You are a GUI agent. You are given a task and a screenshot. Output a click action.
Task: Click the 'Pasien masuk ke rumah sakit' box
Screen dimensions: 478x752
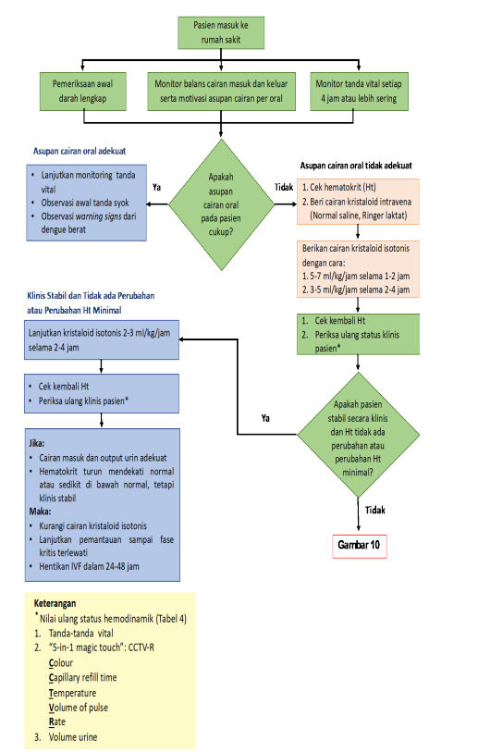[221, 32]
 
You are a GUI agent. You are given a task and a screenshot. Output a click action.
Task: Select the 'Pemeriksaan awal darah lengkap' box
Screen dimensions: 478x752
[82, 92]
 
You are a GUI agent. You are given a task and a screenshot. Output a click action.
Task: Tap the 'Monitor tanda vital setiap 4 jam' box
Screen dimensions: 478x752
[359, 92]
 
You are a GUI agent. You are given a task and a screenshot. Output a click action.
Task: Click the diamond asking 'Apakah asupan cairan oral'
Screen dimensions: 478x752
[221, 204]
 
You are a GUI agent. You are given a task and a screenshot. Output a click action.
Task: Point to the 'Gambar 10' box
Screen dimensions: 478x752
[359, 546]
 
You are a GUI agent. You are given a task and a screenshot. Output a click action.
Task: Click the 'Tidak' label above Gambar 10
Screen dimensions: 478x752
[375, 510]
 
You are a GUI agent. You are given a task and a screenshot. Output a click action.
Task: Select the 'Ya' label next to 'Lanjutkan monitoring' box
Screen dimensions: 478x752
[157, 187]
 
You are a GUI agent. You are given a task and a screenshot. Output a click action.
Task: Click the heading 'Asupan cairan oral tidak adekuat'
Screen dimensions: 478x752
[356, 166]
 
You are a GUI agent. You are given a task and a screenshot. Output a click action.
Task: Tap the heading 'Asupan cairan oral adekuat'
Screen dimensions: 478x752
[80, 151]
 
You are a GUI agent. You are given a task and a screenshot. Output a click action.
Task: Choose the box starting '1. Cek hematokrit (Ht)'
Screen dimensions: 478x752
[358, 202]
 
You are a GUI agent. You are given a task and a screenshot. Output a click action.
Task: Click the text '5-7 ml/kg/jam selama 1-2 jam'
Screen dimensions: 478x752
[360, 277]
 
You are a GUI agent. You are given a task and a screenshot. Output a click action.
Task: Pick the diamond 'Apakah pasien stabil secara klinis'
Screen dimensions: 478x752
[358, 435]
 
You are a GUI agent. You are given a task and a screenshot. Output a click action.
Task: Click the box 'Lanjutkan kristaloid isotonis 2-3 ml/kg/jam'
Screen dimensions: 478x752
[102, 340]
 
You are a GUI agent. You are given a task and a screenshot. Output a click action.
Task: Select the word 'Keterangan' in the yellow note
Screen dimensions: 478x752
[55, 603]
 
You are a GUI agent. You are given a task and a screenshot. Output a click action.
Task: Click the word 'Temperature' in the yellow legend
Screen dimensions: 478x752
[72, 693]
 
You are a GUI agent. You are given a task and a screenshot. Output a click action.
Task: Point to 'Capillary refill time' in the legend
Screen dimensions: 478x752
[82, 678]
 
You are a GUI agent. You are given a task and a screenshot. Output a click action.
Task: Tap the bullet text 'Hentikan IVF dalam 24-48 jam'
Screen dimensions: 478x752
[89, 566]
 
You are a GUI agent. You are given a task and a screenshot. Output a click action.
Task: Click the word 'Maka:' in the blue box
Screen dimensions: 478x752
[40, 512]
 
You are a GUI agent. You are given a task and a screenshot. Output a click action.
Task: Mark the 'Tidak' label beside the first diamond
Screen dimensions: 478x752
[284, 187]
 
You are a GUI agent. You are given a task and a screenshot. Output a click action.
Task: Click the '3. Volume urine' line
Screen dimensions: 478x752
[66, 737]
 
